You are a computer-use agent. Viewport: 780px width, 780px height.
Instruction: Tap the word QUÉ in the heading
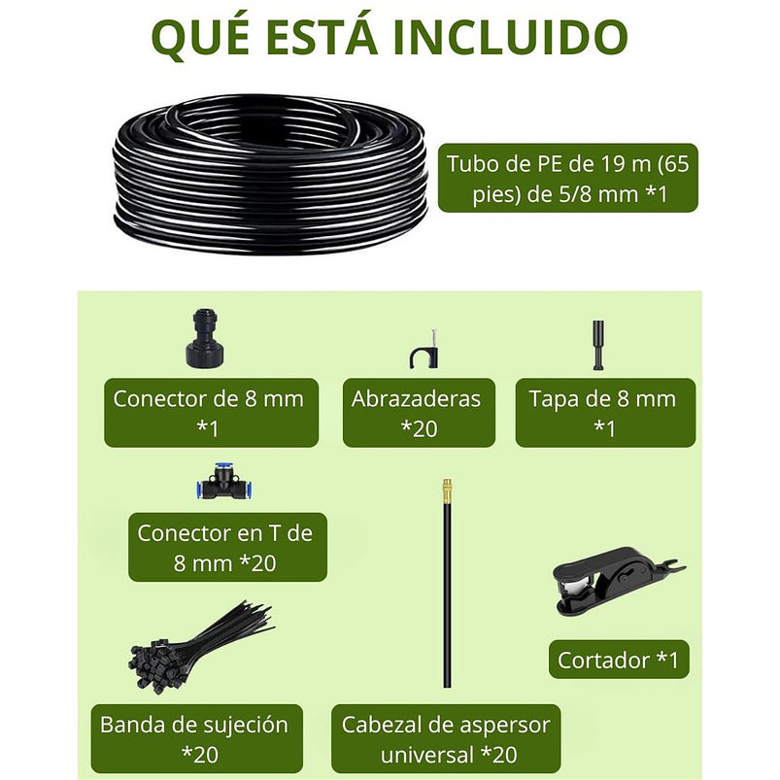click(x=205, y=38)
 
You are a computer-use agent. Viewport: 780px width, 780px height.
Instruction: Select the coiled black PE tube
click(x=270, y=174)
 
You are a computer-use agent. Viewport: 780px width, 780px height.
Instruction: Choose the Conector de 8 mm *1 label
click(x=211, y=412)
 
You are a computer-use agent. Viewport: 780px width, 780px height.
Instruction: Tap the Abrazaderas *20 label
click(x=418, y=412)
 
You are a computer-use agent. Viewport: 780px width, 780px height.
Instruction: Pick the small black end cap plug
click(x=598, y=345)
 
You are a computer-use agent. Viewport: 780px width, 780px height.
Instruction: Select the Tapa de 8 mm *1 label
click(x=604, y=412)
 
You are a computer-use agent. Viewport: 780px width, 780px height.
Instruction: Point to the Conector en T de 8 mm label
click(x=226, y=547)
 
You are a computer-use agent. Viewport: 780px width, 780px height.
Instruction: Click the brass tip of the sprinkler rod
click(x=448, y=487)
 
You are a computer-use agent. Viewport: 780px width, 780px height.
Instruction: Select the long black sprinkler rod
click(x=448, y=593)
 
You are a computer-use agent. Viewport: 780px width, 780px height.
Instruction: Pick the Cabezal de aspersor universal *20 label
click(x=446, y=738)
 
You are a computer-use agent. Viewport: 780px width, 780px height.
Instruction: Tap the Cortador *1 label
click(x=618, y=660)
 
